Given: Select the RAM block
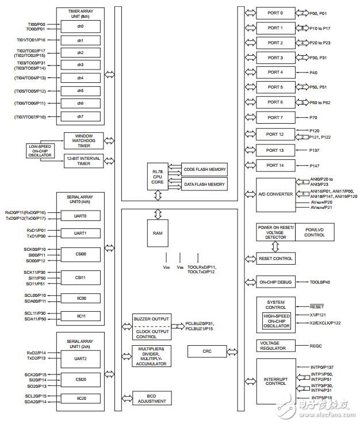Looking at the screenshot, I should point(157,234).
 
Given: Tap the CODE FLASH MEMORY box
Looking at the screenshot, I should point(204,169).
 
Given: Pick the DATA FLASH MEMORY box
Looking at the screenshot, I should point(204,185).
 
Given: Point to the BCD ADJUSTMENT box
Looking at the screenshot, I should point(152,398).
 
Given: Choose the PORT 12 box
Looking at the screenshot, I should point(274,134).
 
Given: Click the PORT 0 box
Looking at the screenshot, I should point(274,13).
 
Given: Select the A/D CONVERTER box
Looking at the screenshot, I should point(274,194).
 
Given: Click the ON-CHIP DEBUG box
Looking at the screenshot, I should point(274,282).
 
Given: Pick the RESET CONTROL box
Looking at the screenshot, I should point(274,258).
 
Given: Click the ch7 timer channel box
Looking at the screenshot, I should point(81,116).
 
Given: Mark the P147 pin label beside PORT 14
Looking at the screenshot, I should point(314,165).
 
